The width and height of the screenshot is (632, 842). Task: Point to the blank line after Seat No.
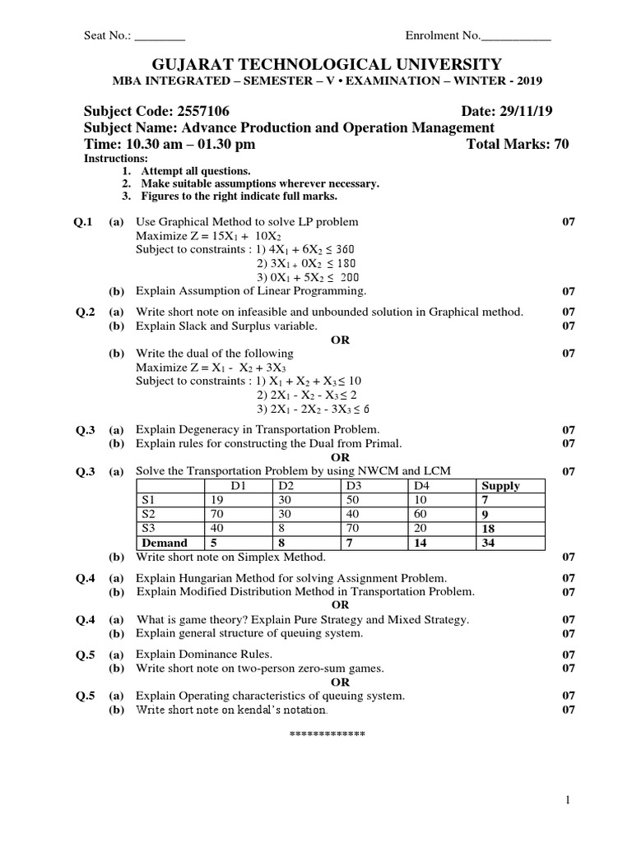[160, 37]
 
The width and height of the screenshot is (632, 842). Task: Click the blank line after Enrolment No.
[515, 37]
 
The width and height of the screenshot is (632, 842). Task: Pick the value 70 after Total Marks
[560, 144]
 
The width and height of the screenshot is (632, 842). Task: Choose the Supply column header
[500, 486]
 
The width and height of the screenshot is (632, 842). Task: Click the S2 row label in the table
[149, 514]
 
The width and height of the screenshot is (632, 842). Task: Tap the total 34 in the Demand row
[490, 543]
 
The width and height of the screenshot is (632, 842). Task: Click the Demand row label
[165, 543]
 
